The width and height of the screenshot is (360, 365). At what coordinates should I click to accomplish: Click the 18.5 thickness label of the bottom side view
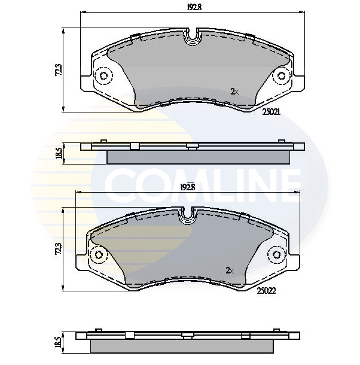coord(58,342)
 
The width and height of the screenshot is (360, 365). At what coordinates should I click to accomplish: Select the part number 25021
coord(271,111)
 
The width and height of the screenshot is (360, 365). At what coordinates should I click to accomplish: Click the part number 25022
coord(267,291)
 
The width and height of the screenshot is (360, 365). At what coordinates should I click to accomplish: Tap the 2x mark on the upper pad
coord(234,92)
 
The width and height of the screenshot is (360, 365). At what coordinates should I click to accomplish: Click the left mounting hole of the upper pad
coord(104,77)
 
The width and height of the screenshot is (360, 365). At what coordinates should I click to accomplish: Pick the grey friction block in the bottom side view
coord(182,345)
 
